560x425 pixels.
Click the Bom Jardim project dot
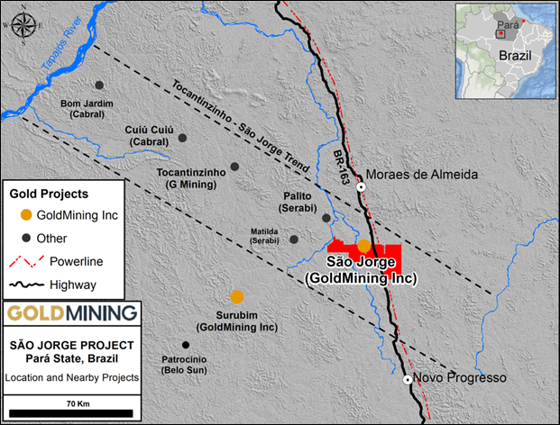coord(99,85)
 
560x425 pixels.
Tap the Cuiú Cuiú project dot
coord(182,138)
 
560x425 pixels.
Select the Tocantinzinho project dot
coord(234,167)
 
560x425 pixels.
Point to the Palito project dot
coord(326,217)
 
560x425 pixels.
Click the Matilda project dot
coord(294,240)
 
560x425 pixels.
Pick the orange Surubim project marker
coord(236,296)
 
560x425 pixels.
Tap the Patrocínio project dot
coord(186,345)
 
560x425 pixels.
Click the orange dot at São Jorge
coord(363,245)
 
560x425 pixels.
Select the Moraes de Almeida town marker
coord(361,187)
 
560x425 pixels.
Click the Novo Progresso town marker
coord(407,379)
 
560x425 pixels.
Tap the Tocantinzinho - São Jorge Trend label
coord(238,124)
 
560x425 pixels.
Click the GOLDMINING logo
coord(72,313)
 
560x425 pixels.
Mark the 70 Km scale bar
coord(70,413)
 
